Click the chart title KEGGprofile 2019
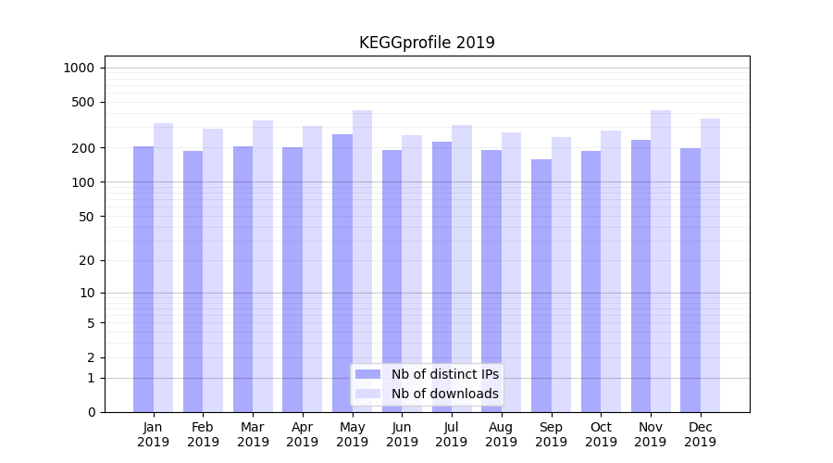(x=427, y=43)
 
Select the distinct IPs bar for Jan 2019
(x=143, y=278)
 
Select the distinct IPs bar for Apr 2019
(x=292, y=279)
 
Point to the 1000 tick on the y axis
(x=79, y=68)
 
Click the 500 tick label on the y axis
(x=83, y=102)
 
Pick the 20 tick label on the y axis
(x=87, y=260)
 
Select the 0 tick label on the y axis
(x=91, y=412)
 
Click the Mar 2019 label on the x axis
(x=253, y=434)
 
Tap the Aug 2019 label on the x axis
(x=501, y=434)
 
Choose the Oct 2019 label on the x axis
(x=601, y=434)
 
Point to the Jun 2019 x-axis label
(x=402, y=434)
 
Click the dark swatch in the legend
(x=368, y=374)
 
